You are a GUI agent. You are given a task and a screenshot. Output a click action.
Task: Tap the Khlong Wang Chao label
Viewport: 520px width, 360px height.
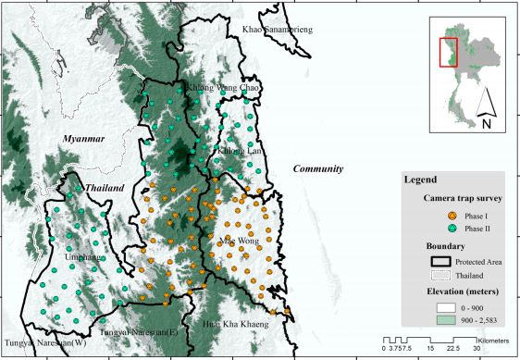225,90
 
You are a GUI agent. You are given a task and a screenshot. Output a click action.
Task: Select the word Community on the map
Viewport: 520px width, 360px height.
318,169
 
